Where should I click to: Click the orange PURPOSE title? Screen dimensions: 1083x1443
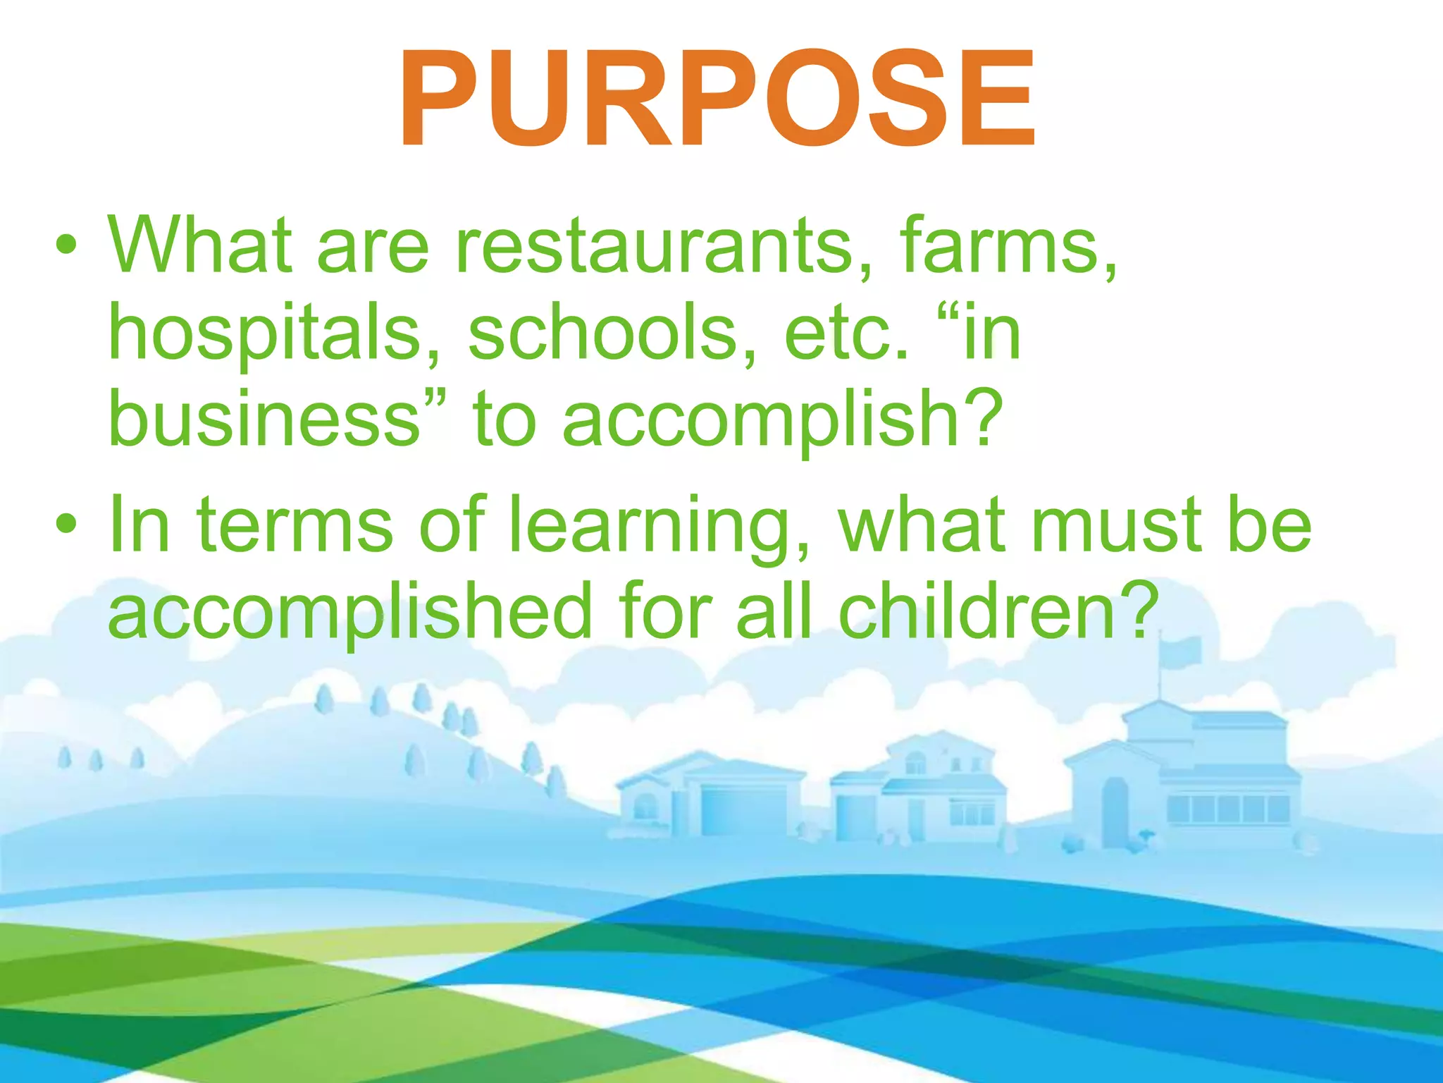717,100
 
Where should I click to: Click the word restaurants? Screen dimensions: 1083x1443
654,245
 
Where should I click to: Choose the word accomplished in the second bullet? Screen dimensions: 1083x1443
349,612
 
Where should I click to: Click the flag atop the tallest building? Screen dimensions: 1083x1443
1182,651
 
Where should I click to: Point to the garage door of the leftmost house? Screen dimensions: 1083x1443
743,812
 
